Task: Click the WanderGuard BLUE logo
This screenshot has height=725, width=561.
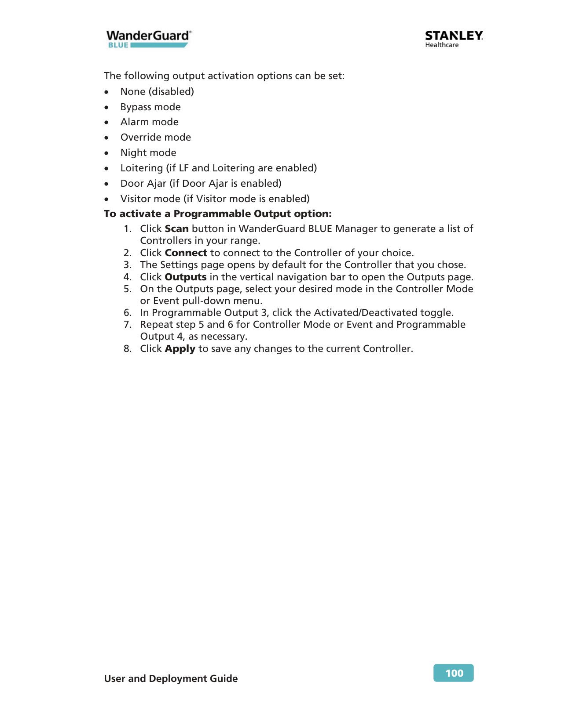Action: click(148, 39)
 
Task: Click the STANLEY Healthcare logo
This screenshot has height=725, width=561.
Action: click(454, 39)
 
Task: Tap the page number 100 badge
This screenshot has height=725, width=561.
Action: click(454, 673)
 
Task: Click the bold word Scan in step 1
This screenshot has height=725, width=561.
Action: click(176, 229)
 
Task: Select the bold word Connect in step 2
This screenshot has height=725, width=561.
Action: click(186, 253)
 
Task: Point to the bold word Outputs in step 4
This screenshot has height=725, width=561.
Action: click(185, 277)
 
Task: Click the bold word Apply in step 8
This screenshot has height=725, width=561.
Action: click(180, 349)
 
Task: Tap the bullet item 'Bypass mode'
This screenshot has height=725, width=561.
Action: click(150, 107)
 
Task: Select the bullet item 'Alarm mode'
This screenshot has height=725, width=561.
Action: click(149, 122)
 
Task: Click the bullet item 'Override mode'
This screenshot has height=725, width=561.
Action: click(155, 138)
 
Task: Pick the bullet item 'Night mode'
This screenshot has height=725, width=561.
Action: click(148, 153)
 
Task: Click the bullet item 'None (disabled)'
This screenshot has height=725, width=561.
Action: click(157, 92)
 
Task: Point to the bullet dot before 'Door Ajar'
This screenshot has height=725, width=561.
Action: click(106, 184)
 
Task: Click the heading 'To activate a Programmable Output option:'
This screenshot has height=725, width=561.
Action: click(218, 214)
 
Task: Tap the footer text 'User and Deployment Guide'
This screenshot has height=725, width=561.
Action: click(171, 678)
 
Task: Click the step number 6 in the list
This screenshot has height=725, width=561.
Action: click(127, 313)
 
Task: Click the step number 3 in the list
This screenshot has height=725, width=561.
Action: click(127, 265)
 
